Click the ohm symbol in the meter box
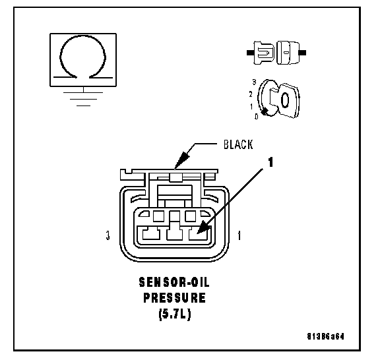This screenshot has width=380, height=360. (83, 39)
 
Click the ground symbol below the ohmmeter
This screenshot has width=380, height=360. (83, 99)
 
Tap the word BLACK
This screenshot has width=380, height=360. (238, 144)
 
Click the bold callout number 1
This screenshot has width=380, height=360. (270, 162)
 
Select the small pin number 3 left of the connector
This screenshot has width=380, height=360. (108, 235)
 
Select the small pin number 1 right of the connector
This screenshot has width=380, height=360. (239, 235)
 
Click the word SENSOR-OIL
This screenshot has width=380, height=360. (174, 282)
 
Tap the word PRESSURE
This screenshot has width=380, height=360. (174, 298)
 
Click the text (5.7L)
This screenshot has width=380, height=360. (175, 314)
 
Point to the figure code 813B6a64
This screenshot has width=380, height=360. (325, 336)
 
